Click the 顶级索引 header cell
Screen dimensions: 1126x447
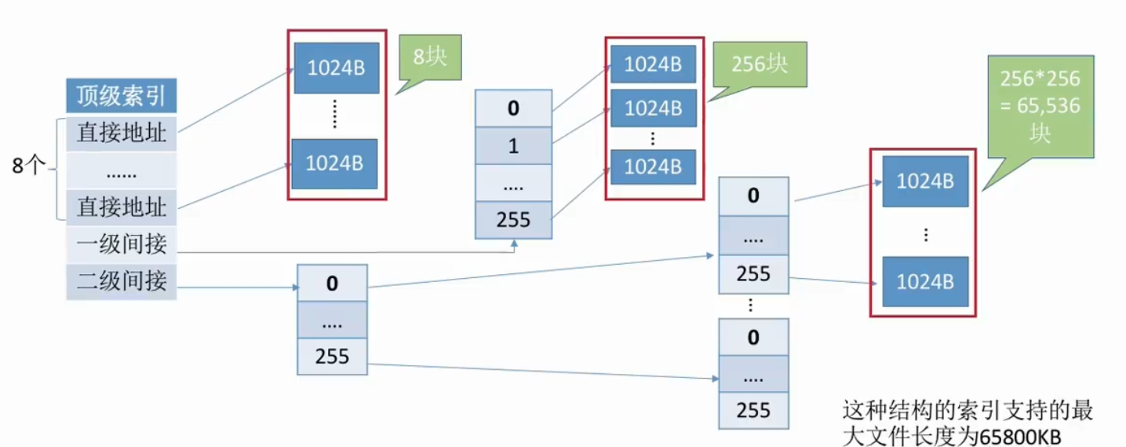point(121,95)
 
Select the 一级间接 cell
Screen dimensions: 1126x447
point(121,244)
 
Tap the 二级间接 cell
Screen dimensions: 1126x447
point(121,281)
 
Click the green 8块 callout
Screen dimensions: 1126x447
point(430,57)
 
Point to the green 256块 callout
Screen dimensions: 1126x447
point(759,64)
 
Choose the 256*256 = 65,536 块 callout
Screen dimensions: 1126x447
point(1040,107)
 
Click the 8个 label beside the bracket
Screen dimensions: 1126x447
point(29,165)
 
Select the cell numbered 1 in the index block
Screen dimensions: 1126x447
point(513,146)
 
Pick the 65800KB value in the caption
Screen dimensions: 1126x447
point(1020,437)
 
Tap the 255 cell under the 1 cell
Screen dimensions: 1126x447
point(513,220)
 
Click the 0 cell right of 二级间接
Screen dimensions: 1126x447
point(332,284)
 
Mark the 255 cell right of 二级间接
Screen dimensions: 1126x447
point(332,357)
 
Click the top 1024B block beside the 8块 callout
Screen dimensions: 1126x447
point(337,68)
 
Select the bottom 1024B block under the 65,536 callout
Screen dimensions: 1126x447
point(925,282)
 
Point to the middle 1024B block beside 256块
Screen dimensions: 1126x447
point(654,108)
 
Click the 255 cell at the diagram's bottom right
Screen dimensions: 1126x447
point(753,410)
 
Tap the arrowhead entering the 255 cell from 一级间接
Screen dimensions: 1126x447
point(514,244)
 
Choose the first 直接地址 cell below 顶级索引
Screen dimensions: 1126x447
point(121,134)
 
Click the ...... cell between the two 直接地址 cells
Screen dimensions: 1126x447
point(121,171)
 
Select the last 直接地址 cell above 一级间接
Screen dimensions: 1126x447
point(121,207)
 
